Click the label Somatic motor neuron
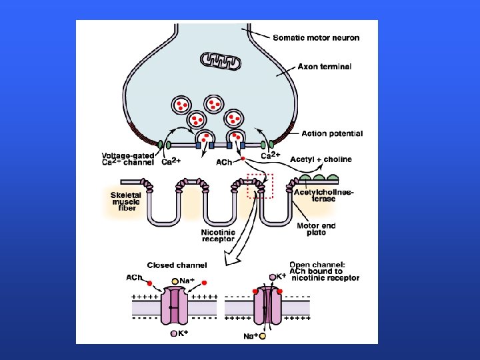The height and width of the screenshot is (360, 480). [316, 37]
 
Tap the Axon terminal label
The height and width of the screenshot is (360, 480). [324, 67]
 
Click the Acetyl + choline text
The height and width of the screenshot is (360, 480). [324, 160]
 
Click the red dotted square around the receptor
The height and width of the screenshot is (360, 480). [261, 186]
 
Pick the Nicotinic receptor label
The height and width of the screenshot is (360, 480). [218, 234]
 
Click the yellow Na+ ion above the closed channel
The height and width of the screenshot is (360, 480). [175, 281]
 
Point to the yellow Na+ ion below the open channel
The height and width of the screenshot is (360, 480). [263, 337]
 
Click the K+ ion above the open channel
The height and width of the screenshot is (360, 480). [272, 276]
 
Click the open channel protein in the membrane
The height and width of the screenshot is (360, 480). [265, 307]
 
